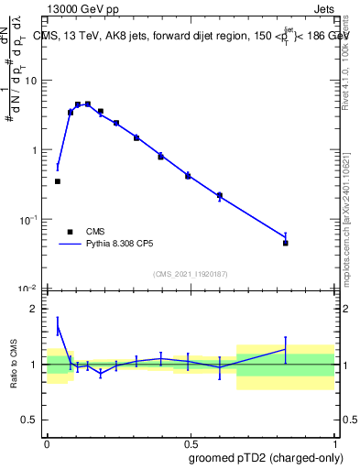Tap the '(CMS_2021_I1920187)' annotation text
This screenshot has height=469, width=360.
coord(190,273)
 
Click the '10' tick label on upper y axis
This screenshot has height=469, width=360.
coord(30,81)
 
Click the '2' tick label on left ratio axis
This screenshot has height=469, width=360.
coord(34,309)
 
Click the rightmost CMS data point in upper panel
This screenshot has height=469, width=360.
coord(286,243)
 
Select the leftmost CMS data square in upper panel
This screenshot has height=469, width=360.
coord(58,181)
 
